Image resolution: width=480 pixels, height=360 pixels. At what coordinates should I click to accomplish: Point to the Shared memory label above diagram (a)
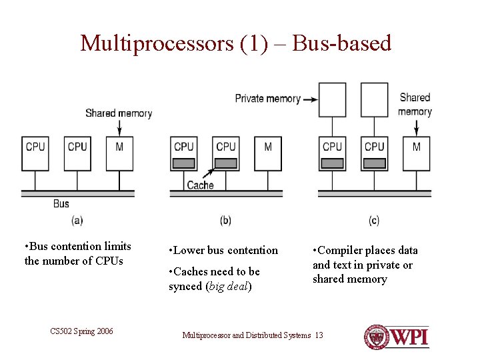point(118,113)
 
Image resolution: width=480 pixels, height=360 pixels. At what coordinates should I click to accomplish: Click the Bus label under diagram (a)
point(61,203)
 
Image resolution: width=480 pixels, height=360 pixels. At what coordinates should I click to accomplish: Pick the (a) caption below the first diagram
point(77,220)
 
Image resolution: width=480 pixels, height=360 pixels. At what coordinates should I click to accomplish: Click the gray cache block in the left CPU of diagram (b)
point(184,163)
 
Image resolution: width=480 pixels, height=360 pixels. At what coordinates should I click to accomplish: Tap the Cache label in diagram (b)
point(200,185)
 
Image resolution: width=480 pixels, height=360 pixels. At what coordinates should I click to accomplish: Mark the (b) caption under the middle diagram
point(225,220)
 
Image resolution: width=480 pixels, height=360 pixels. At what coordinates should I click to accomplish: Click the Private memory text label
point(267,99)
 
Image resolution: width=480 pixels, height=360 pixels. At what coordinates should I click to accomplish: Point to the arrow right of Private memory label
point(309,99)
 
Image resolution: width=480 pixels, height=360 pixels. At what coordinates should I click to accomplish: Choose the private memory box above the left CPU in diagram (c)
point(332,99)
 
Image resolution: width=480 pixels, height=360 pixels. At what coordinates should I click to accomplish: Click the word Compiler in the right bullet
point(341,250)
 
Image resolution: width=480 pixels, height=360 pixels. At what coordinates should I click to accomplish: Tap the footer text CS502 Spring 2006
point(81,331)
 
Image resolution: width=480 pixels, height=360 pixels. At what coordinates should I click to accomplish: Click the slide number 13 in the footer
point(319,335)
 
